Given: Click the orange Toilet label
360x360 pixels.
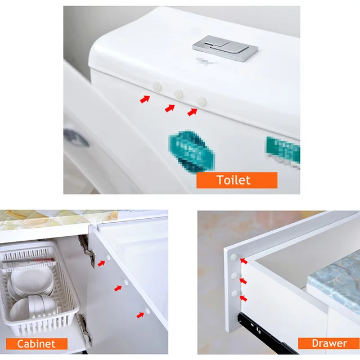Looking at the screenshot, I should click(x=236, y=180).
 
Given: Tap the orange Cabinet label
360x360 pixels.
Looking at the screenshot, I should click(x=37, y=344).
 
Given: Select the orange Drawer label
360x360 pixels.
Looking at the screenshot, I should click(x=330, y=343).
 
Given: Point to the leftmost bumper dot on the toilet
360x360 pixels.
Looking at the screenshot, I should click(x=157, y=87).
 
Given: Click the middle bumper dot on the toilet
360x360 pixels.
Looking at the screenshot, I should click(x=179, y=94).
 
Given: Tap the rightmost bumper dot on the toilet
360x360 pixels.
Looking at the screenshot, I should click(x=201, y=101).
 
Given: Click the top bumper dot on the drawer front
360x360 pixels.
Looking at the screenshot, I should click(x=233, y=256).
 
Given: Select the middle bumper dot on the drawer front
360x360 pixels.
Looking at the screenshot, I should click(x=233, y=276).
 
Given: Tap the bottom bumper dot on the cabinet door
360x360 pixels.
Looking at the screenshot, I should click(x=147, y=309).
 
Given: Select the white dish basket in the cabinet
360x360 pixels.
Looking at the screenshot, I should click(x=39, y=292).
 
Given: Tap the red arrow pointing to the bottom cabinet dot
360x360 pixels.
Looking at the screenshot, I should click(x=139, y=314).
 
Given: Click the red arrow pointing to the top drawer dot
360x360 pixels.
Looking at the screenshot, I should click(x=244, y=260).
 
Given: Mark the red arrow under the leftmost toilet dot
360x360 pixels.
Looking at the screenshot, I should click(x=145, y=99).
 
